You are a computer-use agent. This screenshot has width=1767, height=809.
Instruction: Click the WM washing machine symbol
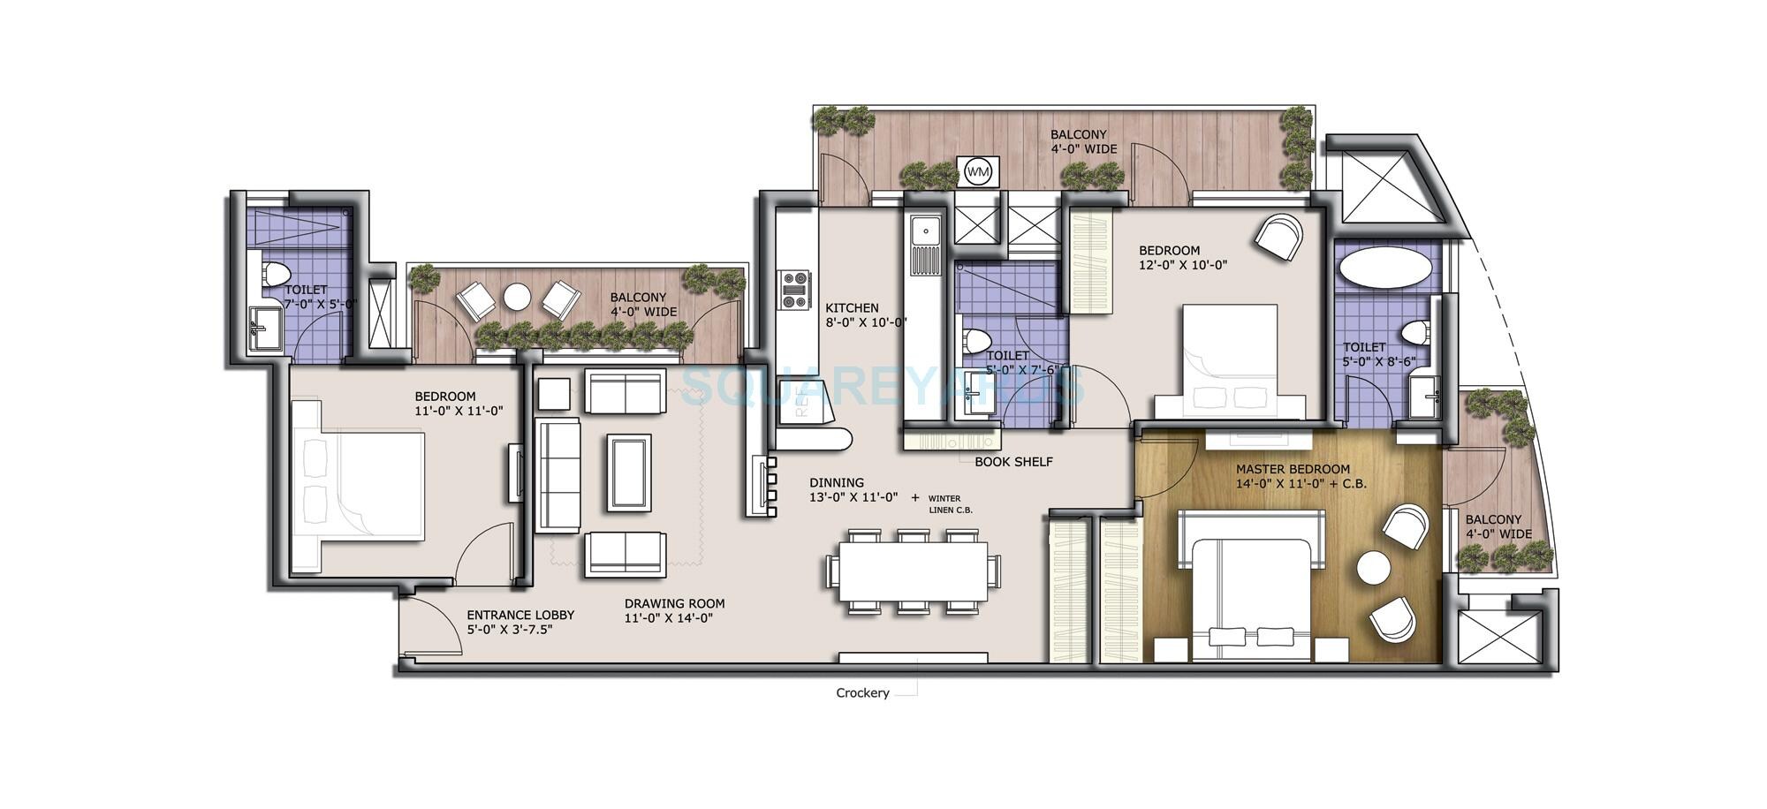(977, 170)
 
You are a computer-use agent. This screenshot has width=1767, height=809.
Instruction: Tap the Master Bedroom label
(1293, 469)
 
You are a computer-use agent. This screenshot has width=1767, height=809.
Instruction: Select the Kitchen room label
(852, 308)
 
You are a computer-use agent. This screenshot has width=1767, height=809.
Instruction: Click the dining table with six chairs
(913, 571)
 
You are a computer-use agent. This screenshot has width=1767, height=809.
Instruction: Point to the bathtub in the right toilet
(1384, 266)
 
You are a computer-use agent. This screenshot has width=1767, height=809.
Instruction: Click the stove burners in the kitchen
(795, 290)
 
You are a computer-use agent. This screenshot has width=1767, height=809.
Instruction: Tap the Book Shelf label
(1013, 462)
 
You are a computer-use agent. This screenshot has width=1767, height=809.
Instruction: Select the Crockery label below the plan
(862, 693)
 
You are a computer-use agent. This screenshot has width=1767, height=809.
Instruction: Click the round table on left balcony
(517, 296)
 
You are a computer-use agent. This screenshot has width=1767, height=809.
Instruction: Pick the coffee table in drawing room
(628, 472)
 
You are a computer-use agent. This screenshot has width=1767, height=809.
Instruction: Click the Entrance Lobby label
(520, 616)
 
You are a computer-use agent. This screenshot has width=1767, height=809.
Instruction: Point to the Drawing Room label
(674, 604)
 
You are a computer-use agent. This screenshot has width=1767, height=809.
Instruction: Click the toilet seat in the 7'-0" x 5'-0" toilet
(277, 272)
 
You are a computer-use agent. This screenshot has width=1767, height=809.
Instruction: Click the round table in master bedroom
(1374, 567)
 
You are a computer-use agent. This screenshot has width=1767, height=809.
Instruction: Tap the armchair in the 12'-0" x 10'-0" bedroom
(1278, 236)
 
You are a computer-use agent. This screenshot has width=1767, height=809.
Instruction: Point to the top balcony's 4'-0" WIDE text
(1083, 149)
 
